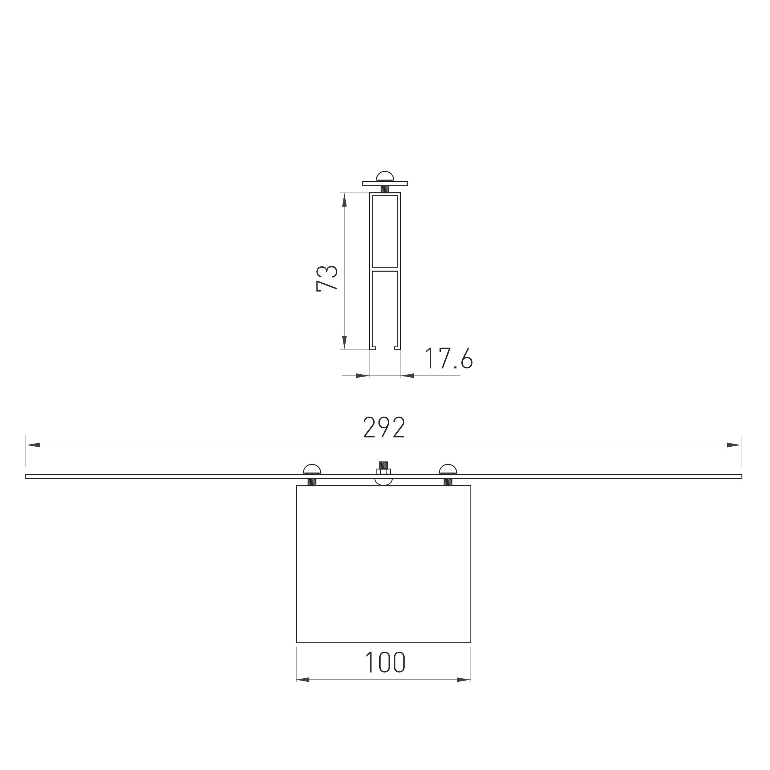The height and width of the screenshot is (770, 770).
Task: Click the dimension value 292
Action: pyautogui.click(x=384, y=427)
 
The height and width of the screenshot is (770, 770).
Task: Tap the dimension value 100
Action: pyautogui.click(x=385, y=662)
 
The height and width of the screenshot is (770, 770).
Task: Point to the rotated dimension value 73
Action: pyautogui.click(x=327, y=278)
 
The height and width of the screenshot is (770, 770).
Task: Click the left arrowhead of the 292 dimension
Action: pyautogui.click(x=34, y=445)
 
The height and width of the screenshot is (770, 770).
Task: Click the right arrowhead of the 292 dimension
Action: pyautogui.click(x=734, y=445)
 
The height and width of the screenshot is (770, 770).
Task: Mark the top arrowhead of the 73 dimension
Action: pyautogui.click(x=345, y=200)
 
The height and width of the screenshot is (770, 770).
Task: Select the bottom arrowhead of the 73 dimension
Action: pyautogui.click(x=345, y=342)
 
